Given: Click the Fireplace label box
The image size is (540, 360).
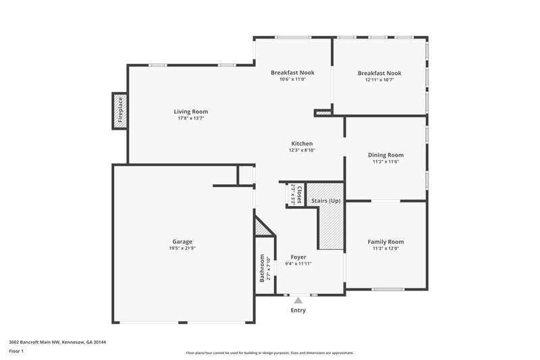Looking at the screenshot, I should click(120, 111).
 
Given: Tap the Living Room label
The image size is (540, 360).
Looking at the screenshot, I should click(191, 111).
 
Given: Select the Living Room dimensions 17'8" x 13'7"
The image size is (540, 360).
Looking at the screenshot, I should click(191, 119).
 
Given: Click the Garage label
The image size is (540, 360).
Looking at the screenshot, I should click(182, 241).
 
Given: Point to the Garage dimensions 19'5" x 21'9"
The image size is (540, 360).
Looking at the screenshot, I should click(182, 249).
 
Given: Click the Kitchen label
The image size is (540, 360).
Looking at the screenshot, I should click(302, 143).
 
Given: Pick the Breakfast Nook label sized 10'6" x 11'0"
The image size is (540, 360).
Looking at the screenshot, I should click(292, 72).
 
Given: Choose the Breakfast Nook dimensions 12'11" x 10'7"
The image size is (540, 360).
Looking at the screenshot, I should click(379, 80).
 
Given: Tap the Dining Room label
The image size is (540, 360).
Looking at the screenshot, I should click(385, 155).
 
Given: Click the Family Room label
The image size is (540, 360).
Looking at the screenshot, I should click(385, 241).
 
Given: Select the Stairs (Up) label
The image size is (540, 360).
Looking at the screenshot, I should click(325, 201).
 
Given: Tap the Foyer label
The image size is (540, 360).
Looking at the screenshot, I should click(298, 257).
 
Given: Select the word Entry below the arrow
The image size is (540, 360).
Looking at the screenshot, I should click(298, 311).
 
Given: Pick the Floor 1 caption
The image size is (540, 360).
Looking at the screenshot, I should click(17, 351).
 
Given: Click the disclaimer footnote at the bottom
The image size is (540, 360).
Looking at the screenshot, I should click(270, 353).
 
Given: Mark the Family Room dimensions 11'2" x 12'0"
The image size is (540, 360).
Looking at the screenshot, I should click(385, 249).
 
